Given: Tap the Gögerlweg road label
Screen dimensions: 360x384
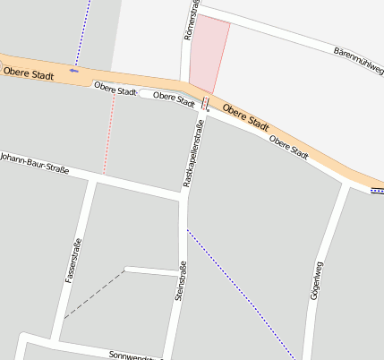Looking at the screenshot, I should coord(314,281).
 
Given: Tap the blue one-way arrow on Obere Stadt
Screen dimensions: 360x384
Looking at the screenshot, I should coord(73,70).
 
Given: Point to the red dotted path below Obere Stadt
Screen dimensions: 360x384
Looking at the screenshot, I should coord(108,134).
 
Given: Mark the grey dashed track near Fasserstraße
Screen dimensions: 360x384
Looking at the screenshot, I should coord(94,293).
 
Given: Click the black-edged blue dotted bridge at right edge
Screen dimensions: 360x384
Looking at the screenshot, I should coord(378,190).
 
